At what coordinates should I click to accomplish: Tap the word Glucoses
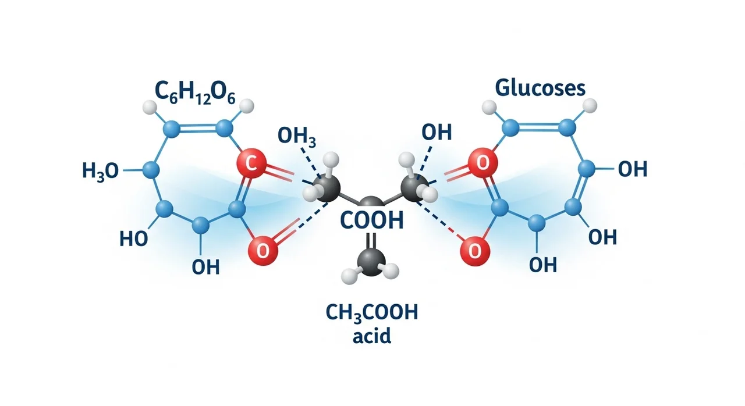[540, 88]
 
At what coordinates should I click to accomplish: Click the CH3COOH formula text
[371, 314]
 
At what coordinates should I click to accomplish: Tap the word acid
[371, 336]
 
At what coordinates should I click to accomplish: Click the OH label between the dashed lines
[437, 132]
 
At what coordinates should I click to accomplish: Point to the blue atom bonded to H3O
[151, 170]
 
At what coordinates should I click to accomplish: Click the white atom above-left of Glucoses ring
[489, 107]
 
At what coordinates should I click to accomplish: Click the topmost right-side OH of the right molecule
[632, 170]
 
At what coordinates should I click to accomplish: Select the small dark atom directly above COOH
[370, 204]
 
